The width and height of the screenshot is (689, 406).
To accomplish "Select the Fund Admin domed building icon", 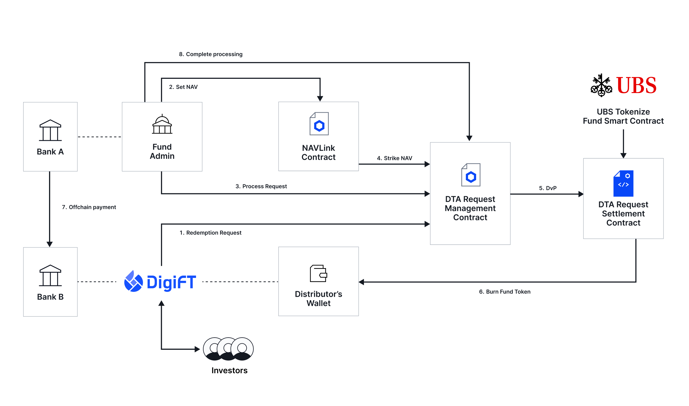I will [162, 124].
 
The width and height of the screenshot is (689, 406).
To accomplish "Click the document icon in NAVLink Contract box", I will [319, 124].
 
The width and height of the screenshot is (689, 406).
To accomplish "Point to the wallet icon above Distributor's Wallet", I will [318, 273].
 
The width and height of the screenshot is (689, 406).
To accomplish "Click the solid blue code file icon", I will [623, 183].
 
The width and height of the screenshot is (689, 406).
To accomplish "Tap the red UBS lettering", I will [636, 85].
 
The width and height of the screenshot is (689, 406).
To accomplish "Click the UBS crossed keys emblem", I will [601, 85].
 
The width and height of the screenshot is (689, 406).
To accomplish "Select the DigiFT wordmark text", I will [171, 282].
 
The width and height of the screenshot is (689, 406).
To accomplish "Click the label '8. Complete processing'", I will [211, 54].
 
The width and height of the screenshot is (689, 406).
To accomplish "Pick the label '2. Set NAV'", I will [183, 87].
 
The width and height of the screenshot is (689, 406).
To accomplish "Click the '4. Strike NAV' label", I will [394, 158].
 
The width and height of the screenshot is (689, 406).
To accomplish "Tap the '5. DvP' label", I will [547, 188].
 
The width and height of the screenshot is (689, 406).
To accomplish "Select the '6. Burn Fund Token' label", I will [505, 292].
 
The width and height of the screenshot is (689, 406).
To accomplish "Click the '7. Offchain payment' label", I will [89, 207].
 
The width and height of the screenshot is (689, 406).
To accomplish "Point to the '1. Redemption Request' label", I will [210, 233].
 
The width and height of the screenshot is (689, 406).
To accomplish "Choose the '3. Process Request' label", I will [261, 186].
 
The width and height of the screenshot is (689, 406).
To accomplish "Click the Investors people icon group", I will [228, 349].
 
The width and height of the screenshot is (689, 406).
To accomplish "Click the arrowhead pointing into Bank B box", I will [50, 244].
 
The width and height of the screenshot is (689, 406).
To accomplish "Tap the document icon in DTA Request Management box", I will [471, 175].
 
